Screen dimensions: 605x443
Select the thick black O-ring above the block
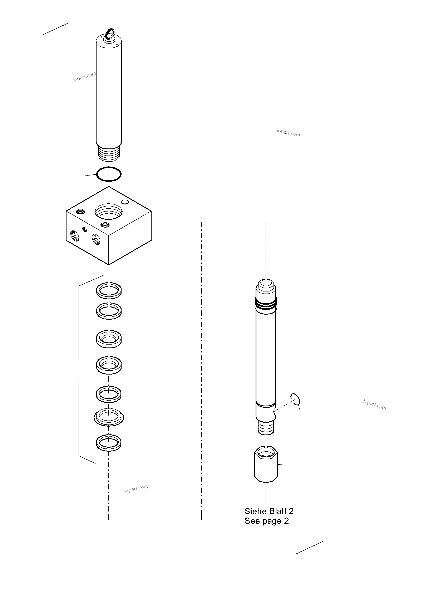click(109, 174)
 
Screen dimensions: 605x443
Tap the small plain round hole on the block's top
click(125, 202)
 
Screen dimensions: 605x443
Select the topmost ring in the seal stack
click(109, 290)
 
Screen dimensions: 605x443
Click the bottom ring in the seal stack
click(109, 442)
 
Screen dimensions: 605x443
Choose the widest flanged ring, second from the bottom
click(109, 417)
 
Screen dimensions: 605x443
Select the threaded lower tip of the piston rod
click(266, 427)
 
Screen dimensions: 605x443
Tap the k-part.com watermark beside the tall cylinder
click(84, 77)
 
